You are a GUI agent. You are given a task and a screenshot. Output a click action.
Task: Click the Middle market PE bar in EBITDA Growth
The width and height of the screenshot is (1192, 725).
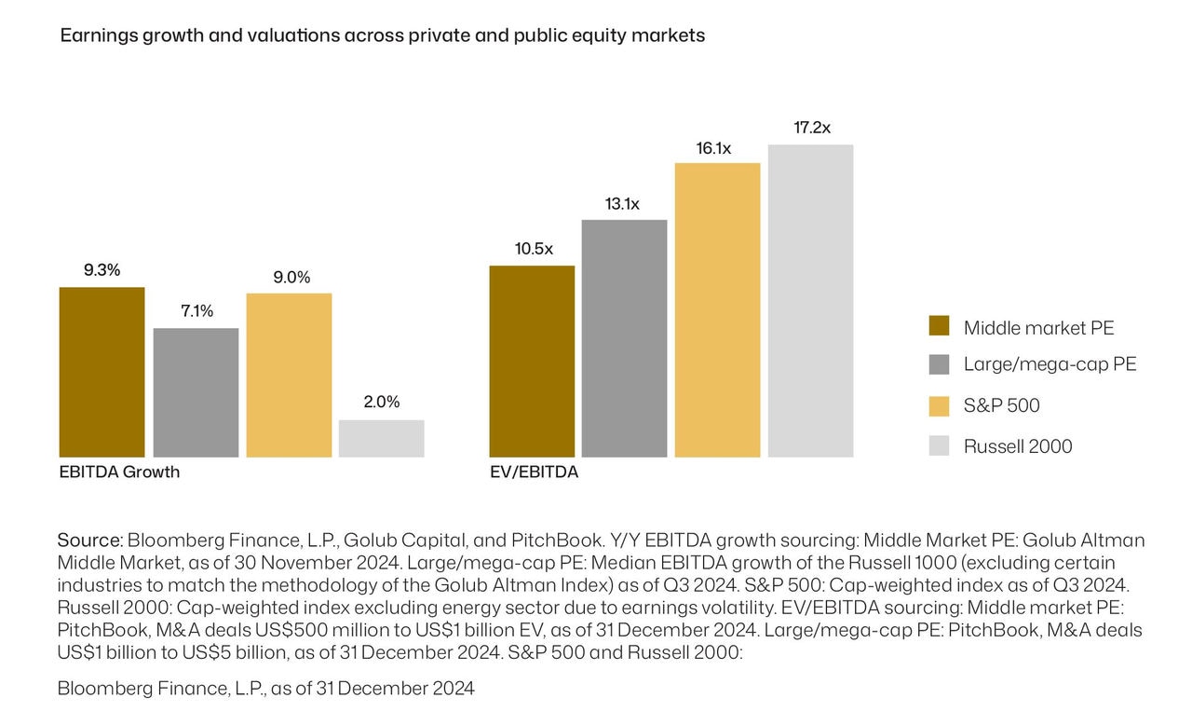pos(102,372)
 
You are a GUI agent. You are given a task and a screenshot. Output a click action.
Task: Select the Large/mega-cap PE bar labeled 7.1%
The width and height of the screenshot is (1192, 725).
pos(196,392)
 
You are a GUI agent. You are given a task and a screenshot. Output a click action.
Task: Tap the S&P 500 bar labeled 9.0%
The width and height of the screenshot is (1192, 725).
pos(289,375)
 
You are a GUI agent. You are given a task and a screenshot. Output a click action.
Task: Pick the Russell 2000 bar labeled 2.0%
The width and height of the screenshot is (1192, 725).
pos(381,438)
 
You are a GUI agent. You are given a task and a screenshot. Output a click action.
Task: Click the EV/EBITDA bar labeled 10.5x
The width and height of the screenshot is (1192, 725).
pos(532,361)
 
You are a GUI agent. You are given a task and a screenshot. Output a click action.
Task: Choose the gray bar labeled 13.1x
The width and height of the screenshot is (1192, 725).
pos(624,338)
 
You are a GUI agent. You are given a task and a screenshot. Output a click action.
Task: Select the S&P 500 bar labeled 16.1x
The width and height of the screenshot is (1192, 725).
pos(717,309)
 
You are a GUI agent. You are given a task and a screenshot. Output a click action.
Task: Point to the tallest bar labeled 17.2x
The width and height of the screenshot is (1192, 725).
pos(810,300)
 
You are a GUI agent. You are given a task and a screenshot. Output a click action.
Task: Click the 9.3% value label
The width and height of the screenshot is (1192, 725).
pos(102,270)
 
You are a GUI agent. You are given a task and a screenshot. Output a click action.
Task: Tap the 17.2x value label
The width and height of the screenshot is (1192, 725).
pos(811,128)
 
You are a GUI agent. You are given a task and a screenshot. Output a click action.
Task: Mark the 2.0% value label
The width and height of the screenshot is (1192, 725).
pos(381,403)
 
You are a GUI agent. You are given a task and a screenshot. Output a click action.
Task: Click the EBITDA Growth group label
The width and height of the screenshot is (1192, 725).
pos(119,472)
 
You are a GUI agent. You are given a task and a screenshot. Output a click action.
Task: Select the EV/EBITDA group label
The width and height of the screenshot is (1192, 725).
pos(534,472)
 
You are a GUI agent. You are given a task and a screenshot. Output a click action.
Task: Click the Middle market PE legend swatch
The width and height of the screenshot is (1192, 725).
pos(939,326)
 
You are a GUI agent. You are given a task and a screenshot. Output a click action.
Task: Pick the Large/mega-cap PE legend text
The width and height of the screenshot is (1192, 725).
pos(1050,364)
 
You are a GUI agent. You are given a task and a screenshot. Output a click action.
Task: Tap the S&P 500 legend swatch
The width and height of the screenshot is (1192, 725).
pos(939,405)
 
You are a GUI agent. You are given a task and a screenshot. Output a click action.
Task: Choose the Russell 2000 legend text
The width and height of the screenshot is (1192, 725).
pos(1018,446)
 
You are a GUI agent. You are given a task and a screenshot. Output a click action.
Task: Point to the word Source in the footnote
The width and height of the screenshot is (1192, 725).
pos(89,540)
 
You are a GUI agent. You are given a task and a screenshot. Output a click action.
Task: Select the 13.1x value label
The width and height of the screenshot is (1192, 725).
pos(622,204)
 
